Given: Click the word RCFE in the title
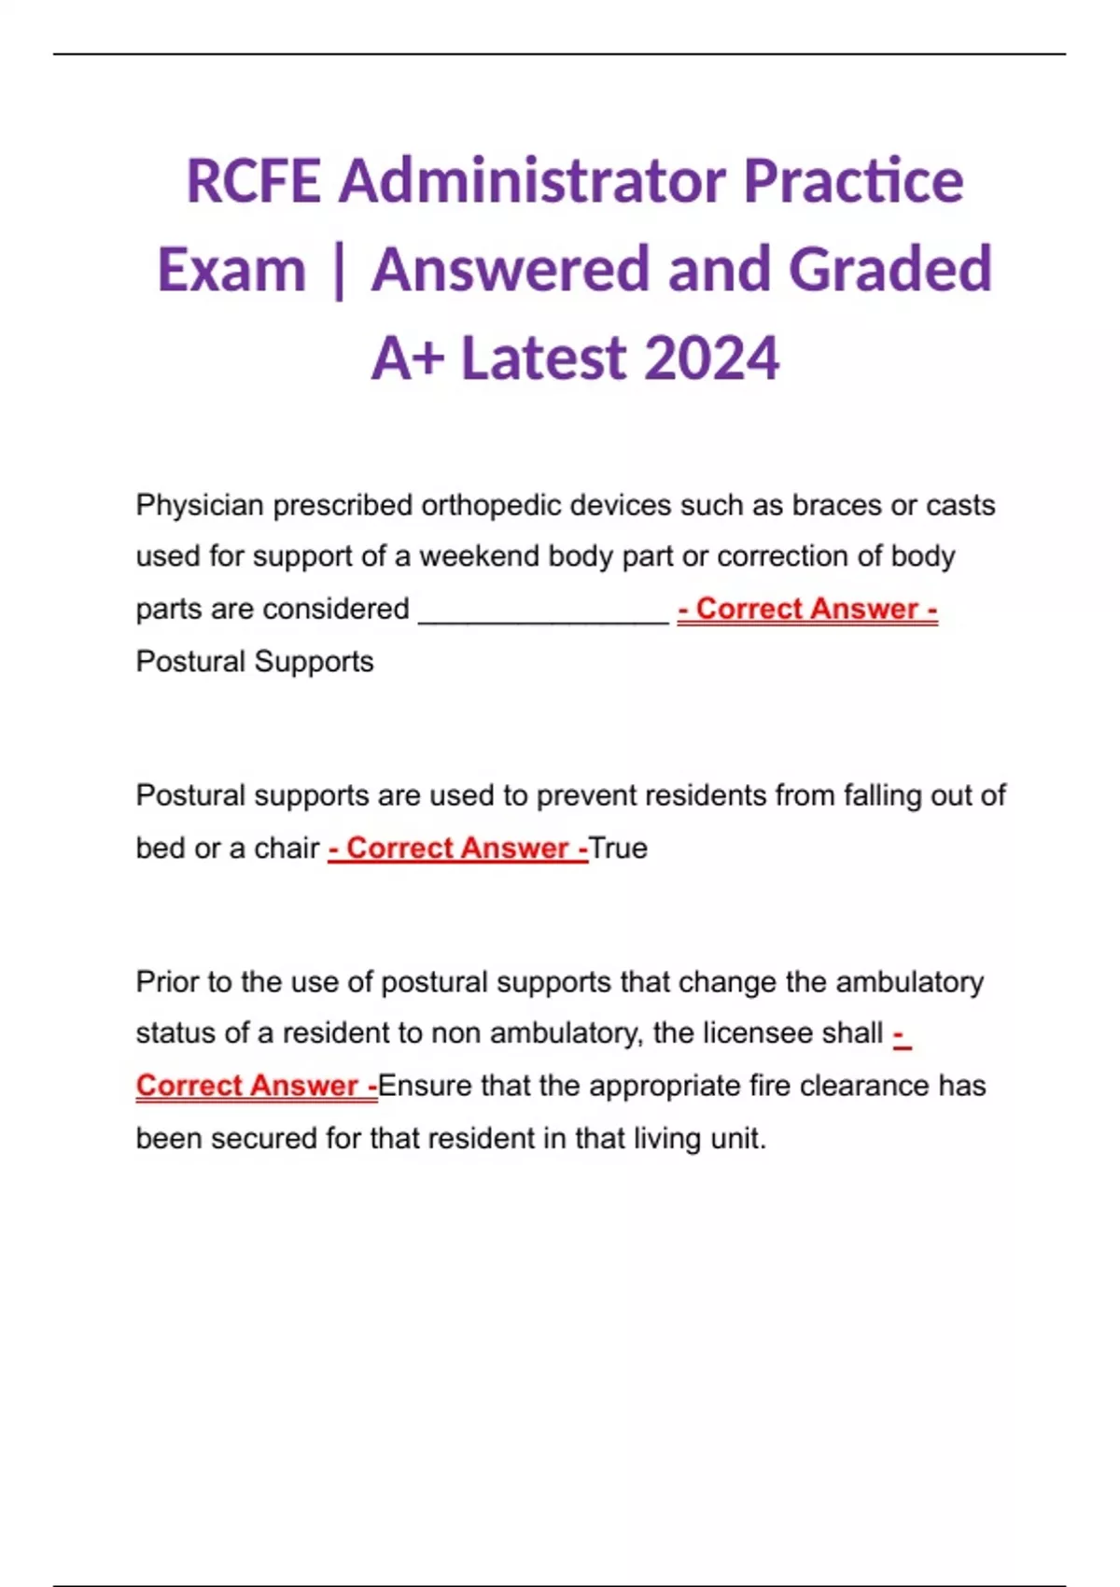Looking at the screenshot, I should coord(253,181).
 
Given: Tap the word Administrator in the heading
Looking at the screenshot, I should coord(532,181).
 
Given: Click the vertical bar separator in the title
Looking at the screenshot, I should coord(338,271).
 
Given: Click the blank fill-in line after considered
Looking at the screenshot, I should coord(544,611).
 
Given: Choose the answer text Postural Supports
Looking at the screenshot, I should coord(255,662).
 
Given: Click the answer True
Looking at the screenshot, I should coord(618,849).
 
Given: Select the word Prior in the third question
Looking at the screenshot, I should coord(167,982).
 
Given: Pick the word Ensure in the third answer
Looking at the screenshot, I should coord(425,1087).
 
